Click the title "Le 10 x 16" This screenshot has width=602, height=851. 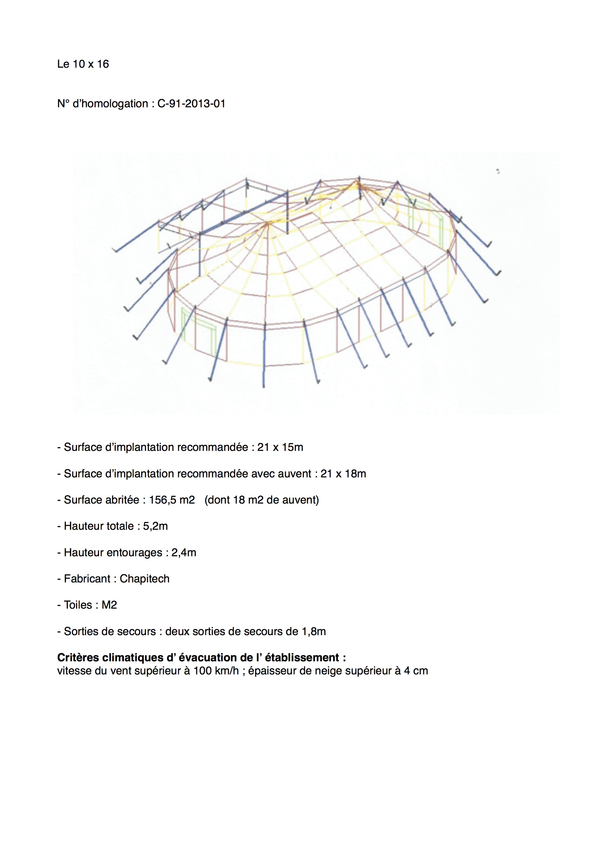pyautogui.click(x=83, y=64)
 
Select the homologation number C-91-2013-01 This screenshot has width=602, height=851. pyautogui.click(x=191, y=104)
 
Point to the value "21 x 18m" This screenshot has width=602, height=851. pyautogui.click(x=343, y=474)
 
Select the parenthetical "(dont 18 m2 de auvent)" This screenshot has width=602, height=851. pyautogui.click(x=261, y=500)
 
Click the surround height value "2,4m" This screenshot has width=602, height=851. pyautogui.click(x=184, y=553)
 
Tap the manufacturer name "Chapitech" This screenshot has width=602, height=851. pyautogui.click(x=144, y=579)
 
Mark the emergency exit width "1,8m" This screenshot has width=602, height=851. pyautogui.click(x=314, y=632)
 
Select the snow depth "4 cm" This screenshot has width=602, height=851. pyautogui.click(x=416, y=671)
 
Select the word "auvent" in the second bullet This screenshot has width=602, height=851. pyautogui.click(x=293, y=474)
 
